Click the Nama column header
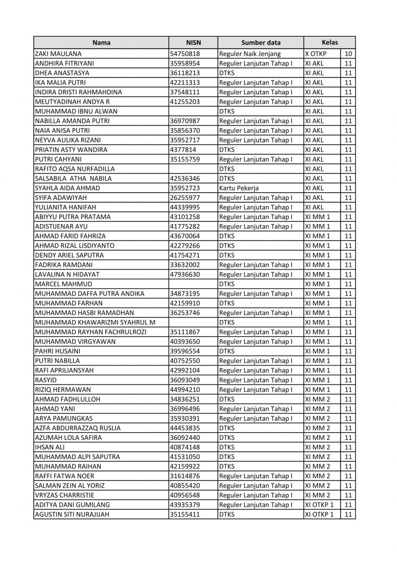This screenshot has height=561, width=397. [100, 42]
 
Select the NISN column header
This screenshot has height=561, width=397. [193, 42]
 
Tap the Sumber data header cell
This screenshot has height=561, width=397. [260, 42]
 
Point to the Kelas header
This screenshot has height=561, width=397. [330, 42]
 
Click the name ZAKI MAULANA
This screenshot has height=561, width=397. [58, 54]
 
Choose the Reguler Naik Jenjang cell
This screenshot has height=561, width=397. [249, 54]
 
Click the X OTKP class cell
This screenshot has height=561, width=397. [317, 54]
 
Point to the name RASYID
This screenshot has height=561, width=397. [44, 380]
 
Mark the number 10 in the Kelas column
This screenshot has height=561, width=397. [348, 54]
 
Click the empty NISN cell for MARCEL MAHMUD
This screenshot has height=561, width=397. [193, 284]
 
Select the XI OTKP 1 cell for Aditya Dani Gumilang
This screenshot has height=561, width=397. [319, 505]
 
